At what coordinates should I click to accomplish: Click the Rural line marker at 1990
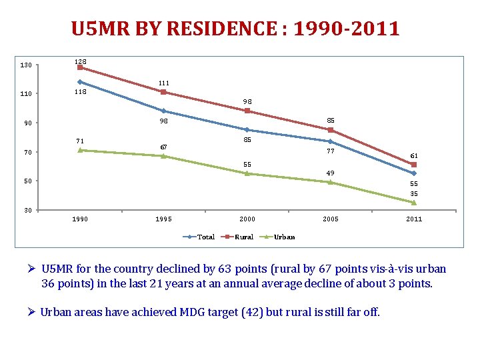click(80, 67)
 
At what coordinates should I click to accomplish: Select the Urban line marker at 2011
click(414, 203)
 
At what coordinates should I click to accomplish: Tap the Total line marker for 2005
click(330, 141)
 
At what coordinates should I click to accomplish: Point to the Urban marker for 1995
click(163, 156)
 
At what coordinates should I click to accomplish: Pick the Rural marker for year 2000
click(247, 111)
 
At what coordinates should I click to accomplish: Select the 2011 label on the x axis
click(414, 219)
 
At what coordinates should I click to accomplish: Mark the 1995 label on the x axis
click(163, 219)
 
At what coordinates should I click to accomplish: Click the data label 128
click(80, 61)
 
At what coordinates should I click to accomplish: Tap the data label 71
click(80, 141)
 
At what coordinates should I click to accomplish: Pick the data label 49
click(330, 173)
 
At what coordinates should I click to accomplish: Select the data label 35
click(414, 194)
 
